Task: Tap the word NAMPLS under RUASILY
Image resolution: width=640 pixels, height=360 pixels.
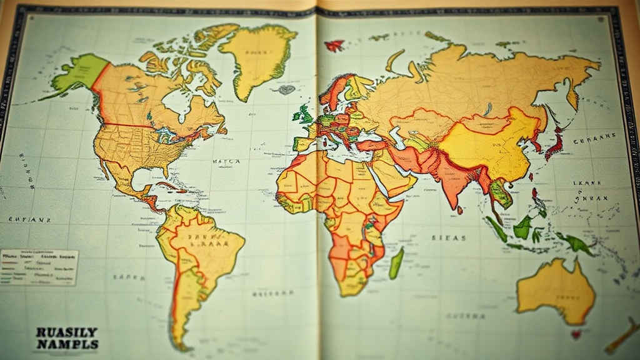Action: [67, 344]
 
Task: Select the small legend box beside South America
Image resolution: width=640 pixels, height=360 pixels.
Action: [39, 267]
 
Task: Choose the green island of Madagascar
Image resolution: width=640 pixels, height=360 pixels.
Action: [396, 263]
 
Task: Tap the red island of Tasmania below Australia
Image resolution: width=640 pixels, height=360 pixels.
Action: [576, 334]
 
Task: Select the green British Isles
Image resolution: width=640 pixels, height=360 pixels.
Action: [304, 114]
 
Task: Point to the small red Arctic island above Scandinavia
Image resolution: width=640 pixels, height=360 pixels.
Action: [334, 45]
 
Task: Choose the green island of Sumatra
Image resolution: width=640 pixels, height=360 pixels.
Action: [496, 229]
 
